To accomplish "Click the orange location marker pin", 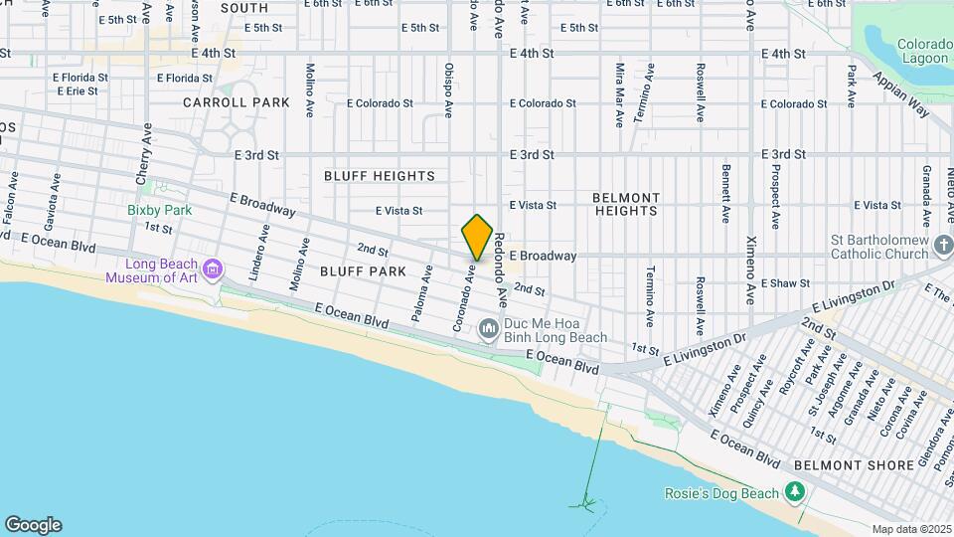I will click(477, 239).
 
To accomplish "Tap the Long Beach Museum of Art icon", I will click(212, 268).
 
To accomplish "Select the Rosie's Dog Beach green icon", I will click(794, 492).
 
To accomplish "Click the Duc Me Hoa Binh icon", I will click(488, 328).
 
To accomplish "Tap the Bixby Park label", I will click(159, 210).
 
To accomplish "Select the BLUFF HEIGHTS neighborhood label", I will click(380, 176).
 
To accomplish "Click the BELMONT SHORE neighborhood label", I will click(854, 465).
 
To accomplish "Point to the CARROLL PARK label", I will click(237, 102).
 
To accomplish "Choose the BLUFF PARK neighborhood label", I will click(363, 270).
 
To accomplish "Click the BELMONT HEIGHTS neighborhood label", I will click(627, 204).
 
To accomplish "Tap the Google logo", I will click(33, 524).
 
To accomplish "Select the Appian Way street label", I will click(902, 93).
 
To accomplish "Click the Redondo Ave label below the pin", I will click(501, 270).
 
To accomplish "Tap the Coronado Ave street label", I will click(462, 298).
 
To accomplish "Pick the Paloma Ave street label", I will click(422, 293).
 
